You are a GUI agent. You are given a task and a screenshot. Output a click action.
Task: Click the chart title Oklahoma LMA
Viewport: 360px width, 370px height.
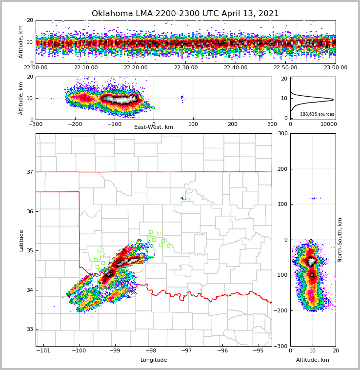(x=185, y=14)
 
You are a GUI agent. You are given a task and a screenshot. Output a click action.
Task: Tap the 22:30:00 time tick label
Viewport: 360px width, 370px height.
(x=185, y=68)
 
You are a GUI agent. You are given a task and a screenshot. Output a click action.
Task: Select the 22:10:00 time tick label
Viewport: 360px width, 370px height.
(x=85, y=68)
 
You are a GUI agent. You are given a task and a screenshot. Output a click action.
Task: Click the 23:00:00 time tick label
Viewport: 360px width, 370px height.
(x=335, y=68)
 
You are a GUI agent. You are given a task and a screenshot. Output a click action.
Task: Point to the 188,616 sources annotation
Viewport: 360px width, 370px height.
(x=317, y=114)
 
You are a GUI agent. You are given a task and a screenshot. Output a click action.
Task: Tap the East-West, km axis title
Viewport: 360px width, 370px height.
(x=154, y=127)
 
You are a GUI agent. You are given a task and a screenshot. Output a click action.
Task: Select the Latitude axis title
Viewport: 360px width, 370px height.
(x=21, y=240)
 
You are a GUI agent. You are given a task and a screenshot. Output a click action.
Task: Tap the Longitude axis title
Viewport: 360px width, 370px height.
(x=154, y=360)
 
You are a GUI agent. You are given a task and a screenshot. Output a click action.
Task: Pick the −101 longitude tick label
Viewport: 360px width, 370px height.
(x=43, y=351)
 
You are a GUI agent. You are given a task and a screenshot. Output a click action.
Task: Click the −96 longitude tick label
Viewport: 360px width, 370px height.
(x=222, y=351)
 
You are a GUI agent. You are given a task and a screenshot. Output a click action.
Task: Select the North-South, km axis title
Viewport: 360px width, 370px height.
(x=340, y=240)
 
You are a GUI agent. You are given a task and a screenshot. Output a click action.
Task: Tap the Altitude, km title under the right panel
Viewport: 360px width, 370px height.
(x=313, y=360)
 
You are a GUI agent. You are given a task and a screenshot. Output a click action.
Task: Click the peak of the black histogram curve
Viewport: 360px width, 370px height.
(x=333, y=100)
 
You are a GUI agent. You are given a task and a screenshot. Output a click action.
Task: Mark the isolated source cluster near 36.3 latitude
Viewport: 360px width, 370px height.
(x=183, y=198)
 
